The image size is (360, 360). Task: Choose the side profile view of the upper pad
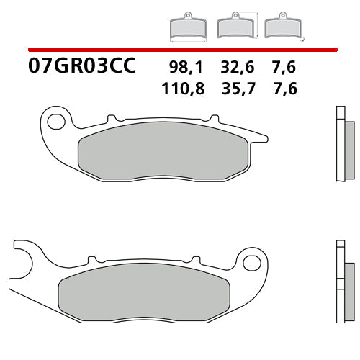[x=342, y=144]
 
